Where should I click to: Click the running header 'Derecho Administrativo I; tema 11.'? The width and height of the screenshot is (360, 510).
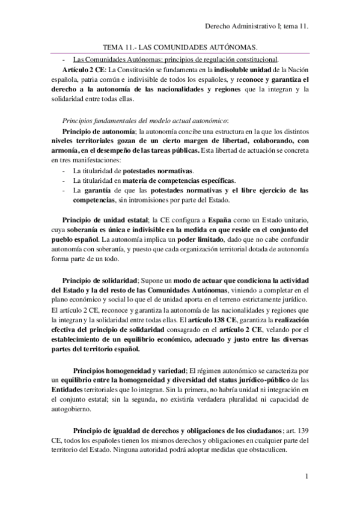click(257, 26)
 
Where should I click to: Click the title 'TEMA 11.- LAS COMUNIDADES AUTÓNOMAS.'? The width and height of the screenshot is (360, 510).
click(180, 47)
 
